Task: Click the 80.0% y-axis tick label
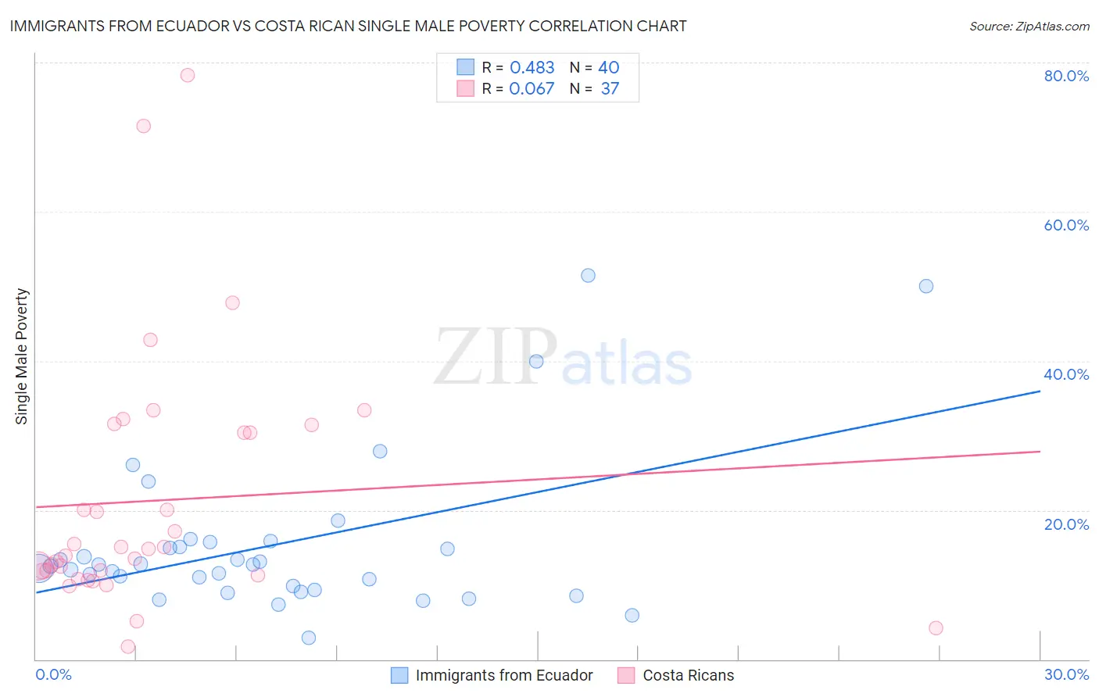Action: click(x=1066, y=76)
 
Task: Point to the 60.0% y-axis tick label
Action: click(x=1066, y=225)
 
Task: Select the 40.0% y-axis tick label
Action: click(x=1066, y=374)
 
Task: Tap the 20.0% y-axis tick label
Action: click(x=1066, y=524)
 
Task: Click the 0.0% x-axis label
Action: click(x=53, y=674)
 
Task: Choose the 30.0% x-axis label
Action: click(x=1066, y=674)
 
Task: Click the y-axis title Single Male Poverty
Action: click(x=22, y=356)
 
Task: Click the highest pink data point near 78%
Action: click(x=188, y=75)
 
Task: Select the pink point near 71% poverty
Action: click(x=144, y=126)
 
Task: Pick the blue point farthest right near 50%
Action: click(x=926, y=286)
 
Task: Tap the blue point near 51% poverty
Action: click(x=589, y=275)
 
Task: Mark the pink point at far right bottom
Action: click(x=936, y=627)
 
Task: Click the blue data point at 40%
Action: click(x=536, y=361)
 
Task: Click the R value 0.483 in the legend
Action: click(x=532, y=68)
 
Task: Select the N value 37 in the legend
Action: click(x=610, y=89)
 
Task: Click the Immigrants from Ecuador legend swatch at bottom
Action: click(x=399, y=675)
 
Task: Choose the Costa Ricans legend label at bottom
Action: click(x=688, y=675)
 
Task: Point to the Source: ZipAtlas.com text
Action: click(x=1029, y=27)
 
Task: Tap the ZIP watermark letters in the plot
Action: click(x=496, y=357)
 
